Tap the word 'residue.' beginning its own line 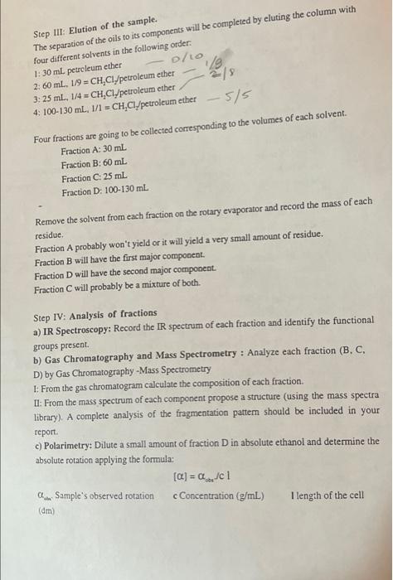click(51, 236)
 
